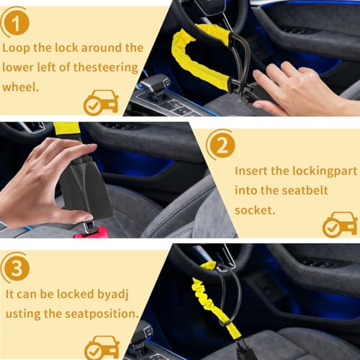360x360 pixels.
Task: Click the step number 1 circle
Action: (x=17, y=23)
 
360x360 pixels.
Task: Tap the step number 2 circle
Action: (x=222, y=145)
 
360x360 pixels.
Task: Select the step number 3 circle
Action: (x=17, y=268)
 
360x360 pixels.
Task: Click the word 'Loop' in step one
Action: (x=16, y=48)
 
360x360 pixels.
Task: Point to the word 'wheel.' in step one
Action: (x=21, y=87)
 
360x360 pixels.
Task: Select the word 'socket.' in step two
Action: (x=255, y=210)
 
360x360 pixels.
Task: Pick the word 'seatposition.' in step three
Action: (x=102, y=314)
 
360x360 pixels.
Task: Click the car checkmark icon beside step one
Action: (x=102, y=102)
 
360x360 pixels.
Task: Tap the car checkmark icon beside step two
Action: (x=340, y=225)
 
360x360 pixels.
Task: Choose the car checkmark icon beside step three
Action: (x=102, y=348)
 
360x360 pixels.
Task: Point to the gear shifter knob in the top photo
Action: (x=155, y=84)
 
